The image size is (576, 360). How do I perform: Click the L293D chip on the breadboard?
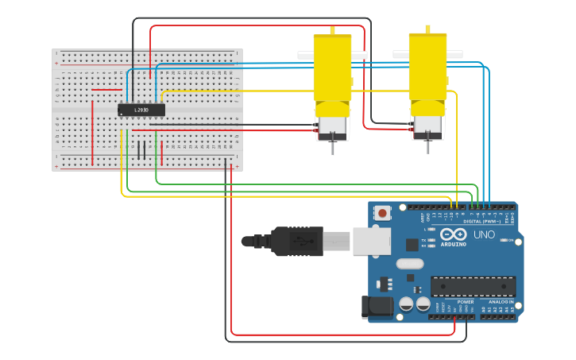(x=141, y=110)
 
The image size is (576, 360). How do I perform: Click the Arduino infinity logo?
(x=453, y=234)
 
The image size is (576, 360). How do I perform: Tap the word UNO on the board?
(x=484, y=235)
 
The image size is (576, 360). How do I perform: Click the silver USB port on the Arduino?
(x=372, y=241)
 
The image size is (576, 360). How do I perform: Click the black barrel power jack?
(x=377, y=308)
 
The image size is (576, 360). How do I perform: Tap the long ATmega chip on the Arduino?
(x=473, y=286)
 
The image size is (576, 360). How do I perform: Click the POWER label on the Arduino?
(x=466, y=302)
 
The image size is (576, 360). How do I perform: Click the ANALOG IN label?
(x=501, y=302)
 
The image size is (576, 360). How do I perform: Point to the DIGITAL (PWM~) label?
(x=482, y=221)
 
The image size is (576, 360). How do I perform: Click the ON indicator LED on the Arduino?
(x=502, y=241)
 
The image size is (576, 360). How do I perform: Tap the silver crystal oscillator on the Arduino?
(x=410, y=264)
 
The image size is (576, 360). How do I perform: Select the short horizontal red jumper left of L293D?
(x=106, y=90)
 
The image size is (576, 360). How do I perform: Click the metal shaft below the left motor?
(x=333, y=148)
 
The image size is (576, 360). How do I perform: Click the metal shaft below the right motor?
(x=427, y=146)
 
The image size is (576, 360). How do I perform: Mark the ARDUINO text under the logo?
(x=453, y=245)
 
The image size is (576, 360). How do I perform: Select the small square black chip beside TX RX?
(x=412, y=245)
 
